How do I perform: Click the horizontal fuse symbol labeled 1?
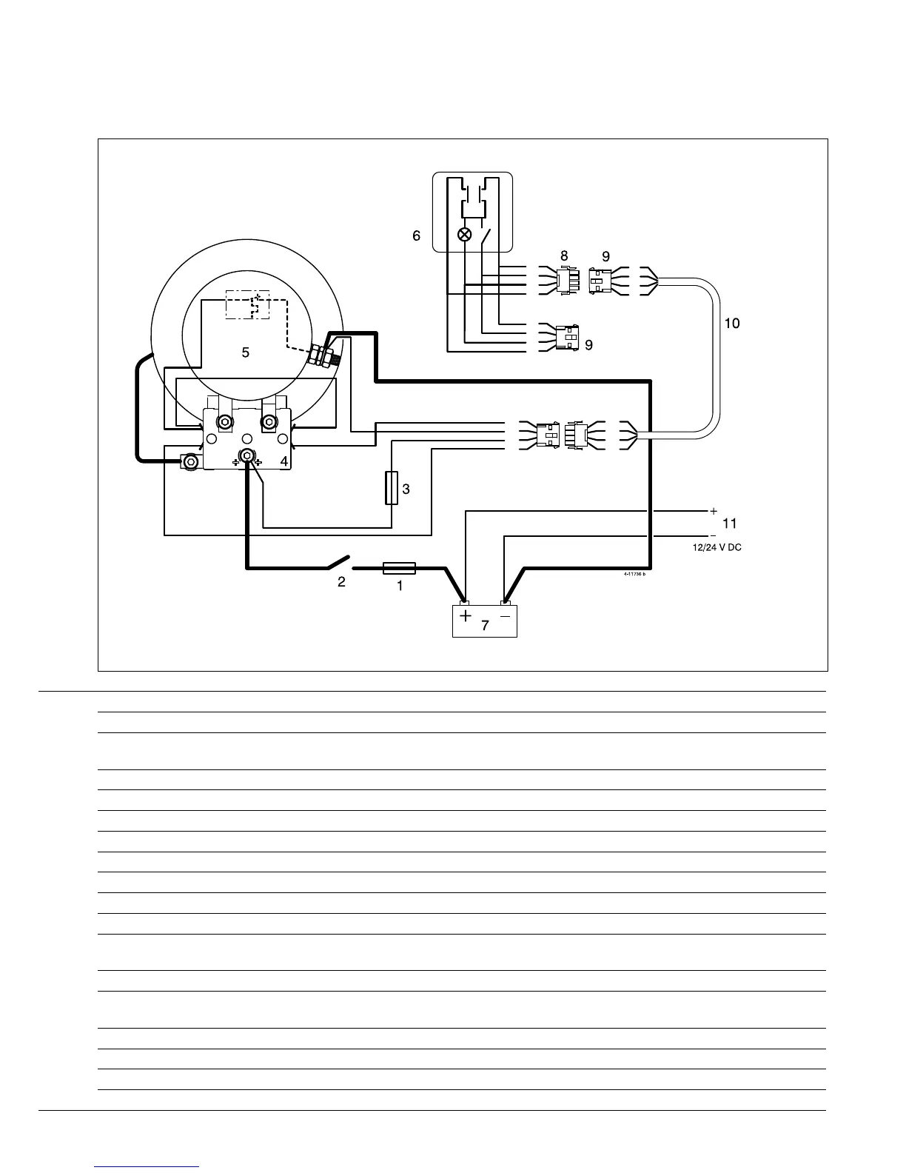[399, 569]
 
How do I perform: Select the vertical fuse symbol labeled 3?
[392, 488]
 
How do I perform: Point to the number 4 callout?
[284, 461]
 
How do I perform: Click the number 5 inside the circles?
[246, 352]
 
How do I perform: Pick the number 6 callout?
[417, 235]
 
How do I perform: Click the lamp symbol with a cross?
[465, 235]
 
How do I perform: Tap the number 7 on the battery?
[485, 625]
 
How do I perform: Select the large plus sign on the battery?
[465, 616]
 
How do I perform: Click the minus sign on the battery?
[505, 615]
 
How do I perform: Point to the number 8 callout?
[564, 255]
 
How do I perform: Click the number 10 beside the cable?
[731, 324]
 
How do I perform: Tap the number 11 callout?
[730, 524]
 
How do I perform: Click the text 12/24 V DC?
[711, 547]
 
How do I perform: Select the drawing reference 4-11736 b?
[634, 575]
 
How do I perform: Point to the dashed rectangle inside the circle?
[248, 304]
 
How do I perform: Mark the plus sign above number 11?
[714, 511]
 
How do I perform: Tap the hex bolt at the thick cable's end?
[191, 461]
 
